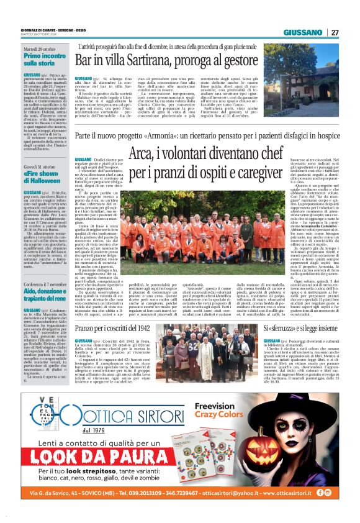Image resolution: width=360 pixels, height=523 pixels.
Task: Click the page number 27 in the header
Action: click(x=335, y=32)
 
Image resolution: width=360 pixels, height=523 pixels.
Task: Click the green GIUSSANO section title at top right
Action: click(x=303, y=32)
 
